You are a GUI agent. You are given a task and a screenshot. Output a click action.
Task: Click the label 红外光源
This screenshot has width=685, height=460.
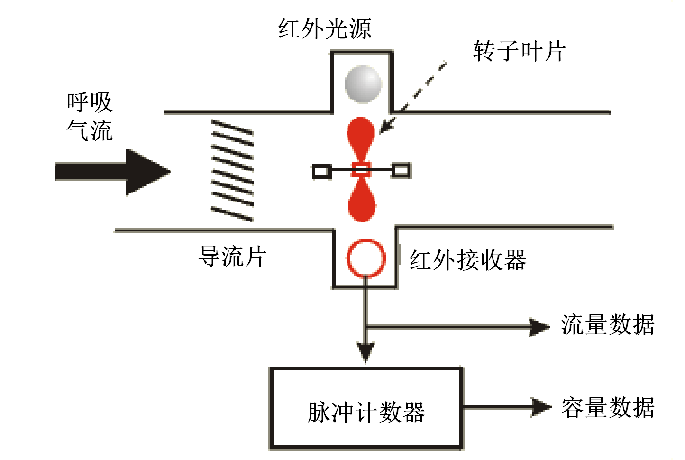[x=325, y=29]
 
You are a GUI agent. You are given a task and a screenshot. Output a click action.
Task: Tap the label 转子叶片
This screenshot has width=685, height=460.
[x=520, y=51]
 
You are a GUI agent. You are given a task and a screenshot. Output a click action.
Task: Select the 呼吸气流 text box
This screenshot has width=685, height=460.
[x=90, y=117]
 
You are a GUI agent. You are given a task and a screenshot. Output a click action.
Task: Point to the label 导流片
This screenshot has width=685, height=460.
[x=232, y=257]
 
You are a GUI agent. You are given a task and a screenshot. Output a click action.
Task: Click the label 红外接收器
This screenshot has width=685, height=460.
[x=468, y=260]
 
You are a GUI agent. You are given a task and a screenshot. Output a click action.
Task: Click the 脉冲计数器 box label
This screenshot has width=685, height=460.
[x=366, y=412]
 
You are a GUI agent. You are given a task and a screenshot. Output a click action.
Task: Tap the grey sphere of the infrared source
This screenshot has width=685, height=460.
[x=363, y=84]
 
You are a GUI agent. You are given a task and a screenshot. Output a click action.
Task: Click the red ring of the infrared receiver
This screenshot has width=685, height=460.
[x=366, y=258]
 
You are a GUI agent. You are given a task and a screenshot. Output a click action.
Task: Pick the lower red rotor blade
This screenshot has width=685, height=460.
[x=363, y=202]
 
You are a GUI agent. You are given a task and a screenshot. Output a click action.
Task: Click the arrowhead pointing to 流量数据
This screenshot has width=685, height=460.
[x=539, y=327]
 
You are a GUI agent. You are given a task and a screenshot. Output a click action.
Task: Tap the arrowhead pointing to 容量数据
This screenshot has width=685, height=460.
[x=540, y=407]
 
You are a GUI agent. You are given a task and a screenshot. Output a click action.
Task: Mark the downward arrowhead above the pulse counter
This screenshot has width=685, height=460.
[x=365, y=350]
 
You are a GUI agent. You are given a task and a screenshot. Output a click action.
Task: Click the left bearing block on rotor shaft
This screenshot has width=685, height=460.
[x=321, y=171]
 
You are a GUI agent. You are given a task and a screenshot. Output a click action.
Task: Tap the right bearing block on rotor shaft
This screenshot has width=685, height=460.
[x=401, y=170]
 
